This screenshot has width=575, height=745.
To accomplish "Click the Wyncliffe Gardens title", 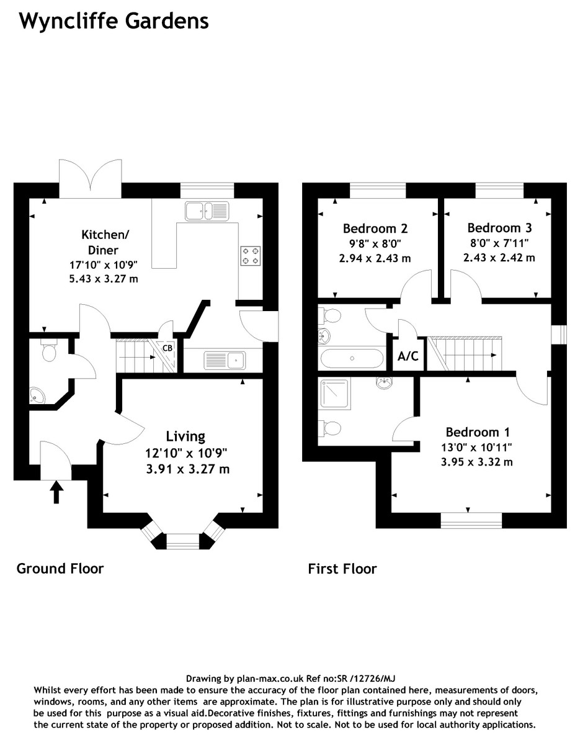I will [114, 22].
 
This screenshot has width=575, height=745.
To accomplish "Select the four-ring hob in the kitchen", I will [251, 256].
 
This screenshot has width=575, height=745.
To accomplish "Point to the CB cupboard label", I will [167, 348].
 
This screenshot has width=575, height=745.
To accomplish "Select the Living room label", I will [185, 436].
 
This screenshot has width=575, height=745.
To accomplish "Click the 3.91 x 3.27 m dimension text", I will [184, 469].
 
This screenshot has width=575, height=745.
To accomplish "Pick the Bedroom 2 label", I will [375, 228].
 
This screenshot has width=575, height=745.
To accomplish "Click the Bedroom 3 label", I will [499, 228].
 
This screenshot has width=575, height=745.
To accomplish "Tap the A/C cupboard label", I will [408, 358].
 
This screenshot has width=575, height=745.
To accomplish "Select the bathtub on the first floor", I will [351, 358].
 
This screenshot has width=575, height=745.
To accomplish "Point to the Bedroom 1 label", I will [473, 432].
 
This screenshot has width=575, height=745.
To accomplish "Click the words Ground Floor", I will [60, 568].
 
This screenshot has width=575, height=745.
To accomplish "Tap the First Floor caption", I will [342, 568].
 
